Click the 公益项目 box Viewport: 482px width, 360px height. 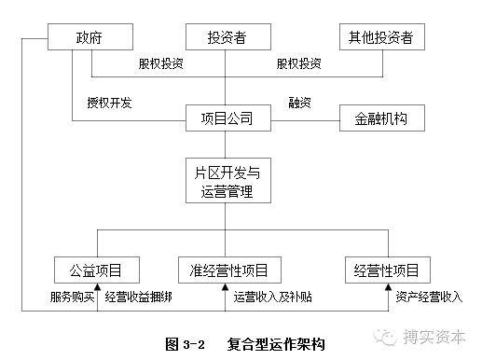click(97, 270)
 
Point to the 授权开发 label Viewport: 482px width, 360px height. click(109, 102)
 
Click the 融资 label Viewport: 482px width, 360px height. click(300, 102)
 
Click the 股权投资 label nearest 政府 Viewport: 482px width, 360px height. click(160, 64)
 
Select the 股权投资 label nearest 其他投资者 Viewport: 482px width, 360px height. click(298, 64)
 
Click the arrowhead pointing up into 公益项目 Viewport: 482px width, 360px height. click(97, 289)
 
